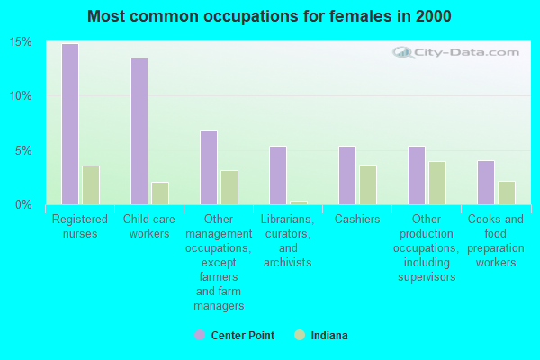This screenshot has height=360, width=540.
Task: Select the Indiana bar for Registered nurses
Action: coord(91,185)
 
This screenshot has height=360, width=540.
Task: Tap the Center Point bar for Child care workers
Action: coord(139,131)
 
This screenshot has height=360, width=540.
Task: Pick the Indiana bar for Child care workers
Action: coord(160,193)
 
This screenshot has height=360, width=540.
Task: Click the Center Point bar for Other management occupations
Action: coord(209,167)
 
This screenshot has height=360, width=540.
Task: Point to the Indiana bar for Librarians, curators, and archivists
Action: coord(299,202)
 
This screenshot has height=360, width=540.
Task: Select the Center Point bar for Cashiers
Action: coord(347,175)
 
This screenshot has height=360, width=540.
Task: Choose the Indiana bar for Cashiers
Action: coord(368,184)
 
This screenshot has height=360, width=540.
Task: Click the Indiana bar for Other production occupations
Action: coord(437,183)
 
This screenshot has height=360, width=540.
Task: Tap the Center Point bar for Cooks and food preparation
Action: coord(486,183)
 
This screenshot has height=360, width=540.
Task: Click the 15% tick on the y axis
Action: coord(22,42)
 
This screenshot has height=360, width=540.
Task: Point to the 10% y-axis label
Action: coord(22,96)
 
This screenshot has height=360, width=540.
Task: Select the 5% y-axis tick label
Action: coord(24,150)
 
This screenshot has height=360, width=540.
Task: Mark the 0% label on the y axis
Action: coord(24,205)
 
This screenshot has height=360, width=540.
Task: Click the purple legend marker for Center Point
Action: coord(200,335)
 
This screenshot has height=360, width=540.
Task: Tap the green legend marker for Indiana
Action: coord(300,335)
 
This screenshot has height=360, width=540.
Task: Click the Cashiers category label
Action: coord(357,220)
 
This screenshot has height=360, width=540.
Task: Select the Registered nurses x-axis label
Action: coord(80,227)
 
